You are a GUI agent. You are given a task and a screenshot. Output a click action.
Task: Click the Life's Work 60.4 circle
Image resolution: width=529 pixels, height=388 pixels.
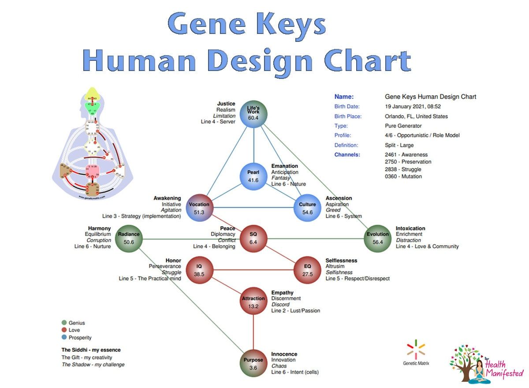click(253, 114)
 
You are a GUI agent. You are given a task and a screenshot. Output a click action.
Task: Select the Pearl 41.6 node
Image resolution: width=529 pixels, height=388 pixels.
click(253, 175)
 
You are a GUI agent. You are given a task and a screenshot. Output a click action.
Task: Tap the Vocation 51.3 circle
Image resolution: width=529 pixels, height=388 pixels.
click(199, 208)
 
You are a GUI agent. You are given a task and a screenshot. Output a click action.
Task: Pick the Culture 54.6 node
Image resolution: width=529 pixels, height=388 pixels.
click(307, 208)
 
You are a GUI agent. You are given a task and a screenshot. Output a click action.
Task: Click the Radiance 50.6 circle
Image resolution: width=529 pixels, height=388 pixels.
click(129, 238)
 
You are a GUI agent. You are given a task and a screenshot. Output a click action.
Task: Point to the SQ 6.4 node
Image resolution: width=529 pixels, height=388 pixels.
click(253, 238)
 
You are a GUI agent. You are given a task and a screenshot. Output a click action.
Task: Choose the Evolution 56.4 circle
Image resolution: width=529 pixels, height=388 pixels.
click(378, 238)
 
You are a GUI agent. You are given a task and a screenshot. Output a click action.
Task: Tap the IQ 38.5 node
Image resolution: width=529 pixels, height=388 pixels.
click(199, 270)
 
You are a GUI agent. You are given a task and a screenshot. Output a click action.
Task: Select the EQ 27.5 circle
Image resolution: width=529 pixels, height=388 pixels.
click(307, 270)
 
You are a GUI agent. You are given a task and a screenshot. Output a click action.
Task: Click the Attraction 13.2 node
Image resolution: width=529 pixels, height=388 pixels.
click(253, 302)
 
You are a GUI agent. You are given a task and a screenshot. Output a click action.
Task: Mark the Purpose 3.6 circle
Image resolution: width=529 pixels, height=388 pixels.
click(253, 364)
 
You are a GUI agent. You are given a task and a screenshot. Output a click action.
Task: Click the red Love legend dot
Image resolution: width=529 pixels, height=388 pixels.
click(64, 330)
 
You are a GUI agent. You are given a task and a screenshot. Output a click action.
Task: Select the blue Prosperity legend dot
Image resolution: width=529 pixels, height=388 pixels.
click(64, 338)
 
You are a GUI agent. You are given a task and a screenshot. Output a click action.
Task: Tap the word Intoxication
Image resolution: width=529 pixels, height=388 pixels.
click(410, 228)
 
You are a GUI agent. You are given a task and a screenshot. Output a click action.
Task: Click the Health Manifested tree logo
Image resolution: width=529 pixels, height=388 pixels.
click(467, 364)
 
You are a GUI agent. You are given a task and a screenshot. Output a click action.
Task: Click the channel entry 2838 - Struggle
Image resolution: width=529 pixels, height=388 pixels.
click(403, 169)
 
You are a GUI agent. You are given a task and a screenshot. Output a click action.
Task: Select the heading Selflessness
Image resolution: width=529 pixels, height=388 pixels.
click(341, 261)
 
